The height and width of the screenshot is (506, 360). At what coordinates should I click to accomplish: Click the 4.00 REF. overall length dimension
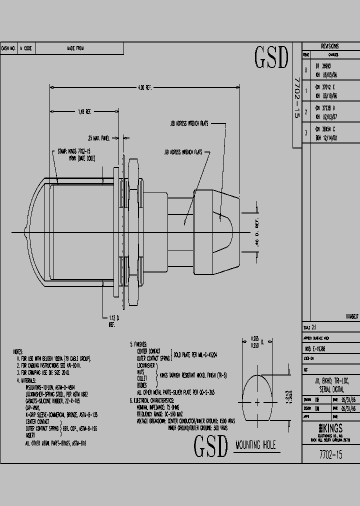pos(144,88)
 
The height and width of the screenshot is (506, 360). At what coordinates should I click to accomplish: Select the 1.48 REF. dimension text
pos(84,111)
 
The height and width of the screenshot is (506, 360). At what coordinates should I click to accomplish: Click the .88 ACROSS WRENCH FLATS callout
pos(189,122)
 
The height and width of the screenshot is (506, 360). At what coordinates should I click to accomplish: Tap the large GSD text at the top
pos(271,58)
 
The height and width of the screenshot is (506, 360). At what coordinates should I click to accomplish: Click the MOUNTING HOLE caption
pos(255,445)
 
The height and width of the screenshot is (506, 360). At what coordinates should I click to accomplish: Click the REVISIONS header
pos(330,45)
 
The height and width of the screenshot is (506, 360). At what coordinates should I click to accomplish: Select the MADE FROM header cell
pos(75,48)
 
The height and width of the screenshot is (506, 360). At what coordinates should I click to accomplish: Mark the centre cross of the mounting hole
pos(256,401)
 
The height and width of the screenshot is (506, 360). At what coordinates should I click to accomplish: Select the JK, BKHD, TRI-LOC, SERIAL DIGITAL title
pos(330,384)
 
